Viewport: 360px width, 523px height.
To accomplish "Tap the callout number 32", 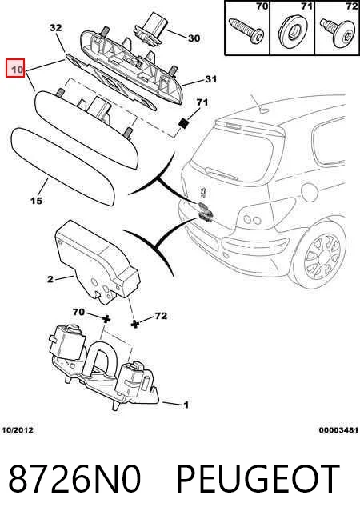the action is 56,27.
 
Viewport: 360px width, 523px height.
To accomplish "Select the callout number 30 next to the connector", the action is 194,38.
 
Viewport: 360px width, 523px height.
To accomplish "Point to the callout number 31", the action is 210,79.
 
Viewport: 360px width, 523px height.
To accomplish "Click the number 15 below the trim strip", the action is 36,201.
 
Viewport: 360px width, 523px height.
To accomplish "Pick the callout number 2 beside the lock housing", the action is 50,279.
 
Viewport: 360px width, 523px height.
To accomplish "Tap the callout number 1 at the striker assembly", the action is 186,405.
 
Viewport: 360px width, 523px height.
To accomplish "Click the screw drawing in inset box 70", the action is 246,31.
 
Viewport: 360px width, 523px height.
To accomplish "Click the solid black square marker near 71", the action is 183,123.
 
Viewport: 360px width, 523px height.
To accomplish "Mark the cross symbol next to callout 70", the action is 106,319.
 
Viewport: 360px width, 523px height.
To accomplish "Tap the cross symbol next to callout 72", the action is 134,324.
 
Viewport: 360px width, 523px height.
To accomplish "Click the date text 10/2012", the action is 18,430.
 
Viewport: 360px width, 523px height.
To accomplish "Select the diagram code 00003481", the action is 338,430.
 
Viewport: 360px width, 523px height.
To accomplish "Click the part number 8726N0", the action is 74,479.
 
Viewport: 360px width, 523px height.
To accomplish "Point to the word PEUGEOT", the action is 258,479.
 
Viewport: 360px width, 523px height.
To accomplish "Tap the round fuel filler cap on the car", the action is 310,192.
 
